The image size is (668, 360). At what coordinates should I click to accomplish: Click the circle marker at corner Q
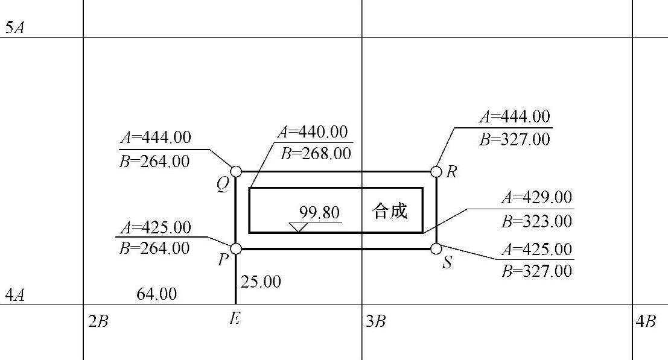(236, 172)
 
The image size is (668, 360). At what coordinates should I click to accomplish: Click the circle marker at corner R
(436, 172)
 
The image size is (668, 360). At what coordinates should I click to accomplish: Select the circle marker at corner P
(236, 248)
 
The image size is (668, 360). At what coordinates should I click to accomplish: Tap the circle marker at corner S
(436, 248)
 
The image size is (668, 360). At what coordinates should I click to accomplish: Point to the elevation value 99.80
(319, 213)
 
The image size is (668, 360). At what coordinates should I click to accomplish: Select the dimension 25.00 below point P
(261, 281)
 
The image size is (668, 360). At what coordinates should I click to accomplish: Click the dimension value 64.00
(156, 294)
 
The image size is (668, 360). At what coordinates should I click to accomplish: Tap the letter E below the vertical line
(235, 319)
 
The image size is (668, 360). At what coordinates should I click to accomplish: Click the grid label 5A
(14, 28)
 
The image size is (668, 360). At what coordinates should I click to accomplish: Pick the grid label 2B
(98, 321)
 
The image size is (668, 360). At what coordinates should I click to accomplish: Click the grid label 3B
(375, 321)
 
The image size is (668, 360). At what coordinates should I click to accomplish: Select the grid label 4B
(646, 321)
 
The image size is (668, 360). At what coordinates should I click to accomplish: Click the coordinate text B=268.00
(316, 153)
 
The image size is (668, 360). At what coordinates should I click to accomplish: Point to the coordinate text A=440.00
(313, 132)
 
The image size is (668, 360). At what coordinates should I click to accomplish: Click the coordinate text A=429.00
(536, 198)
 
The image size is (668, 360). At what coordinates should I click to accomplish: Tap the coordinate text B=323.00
(536, 221)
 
